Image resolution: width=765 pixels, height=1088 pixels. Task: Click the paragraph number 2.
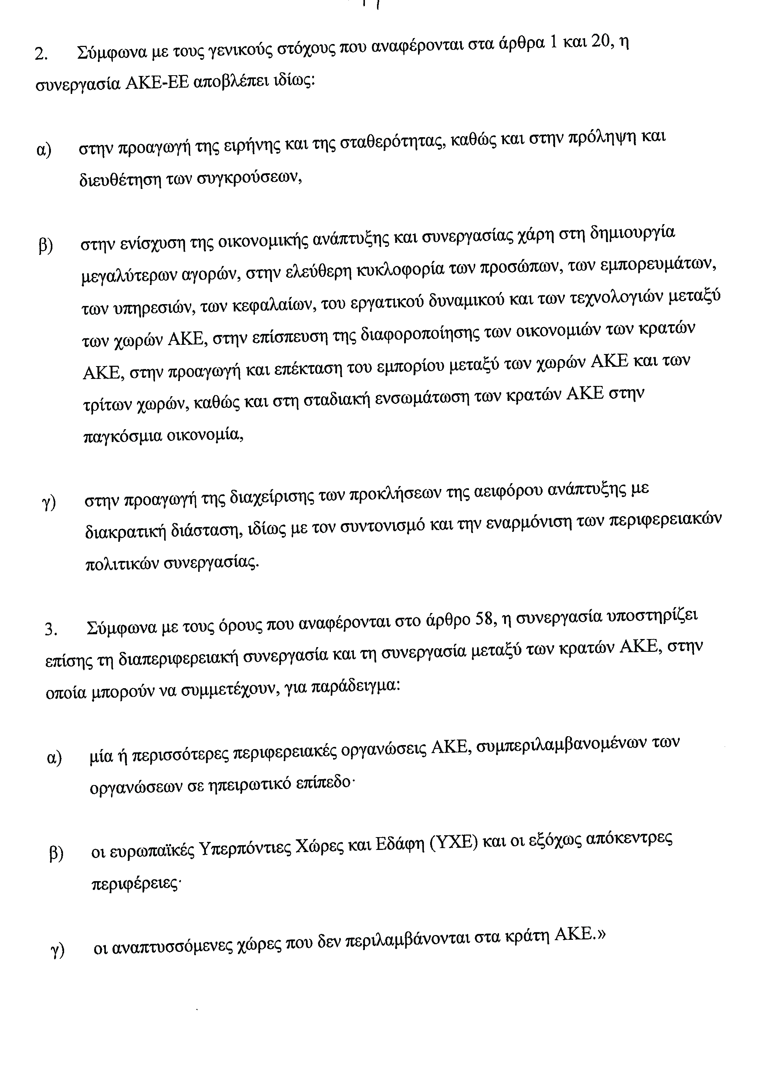[x=40, y=55]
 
